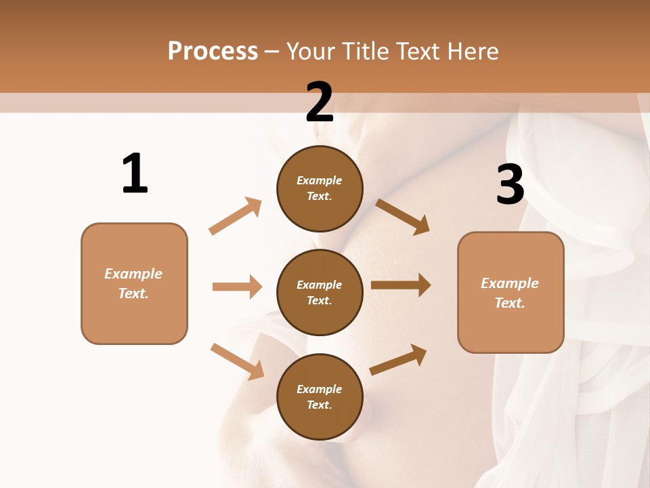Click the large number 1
(x=135, y=174)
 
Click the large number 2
(x=320, y=102)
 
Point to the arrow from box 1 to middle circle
(x=237, y=287)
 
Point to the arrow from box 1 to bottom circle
(x=237, y=361)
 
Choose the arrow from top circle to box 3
(x=402, y=216)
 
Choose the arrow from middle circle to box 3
(x=401, y=285)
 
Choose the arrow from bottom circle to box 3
(x=399, y=359)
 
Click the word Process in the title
(x=213, y=51)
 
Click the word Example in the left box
(x=133, y=274)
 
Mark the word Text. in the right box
(x=510, y=303)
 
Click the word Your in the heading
(x=311, y=51)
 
